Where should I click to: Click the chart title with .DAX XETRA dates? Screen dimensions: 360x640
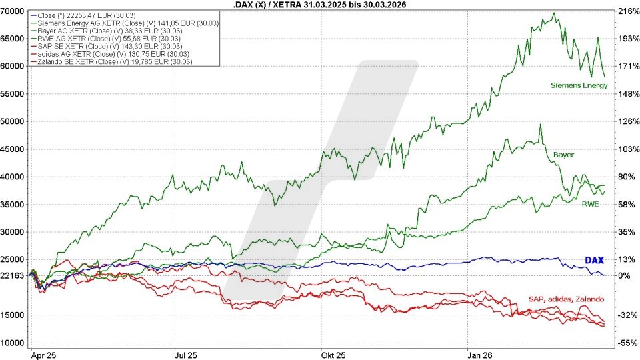320,5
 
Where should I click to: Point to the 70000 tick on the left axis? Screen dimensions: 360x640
13,11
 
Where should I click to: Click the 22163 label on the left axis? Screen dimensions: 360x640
13,275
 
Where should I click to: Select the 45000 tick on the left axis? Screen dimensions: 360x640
13,149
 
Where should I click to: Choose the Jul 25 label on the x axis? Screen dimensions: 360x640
183,355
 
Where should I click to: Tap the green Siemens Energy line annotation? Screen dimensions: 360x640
579,85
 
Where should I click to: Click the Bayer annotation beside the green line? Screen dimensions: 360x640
563,155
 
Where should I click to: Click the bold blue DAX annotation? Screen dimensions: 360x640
594,260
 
